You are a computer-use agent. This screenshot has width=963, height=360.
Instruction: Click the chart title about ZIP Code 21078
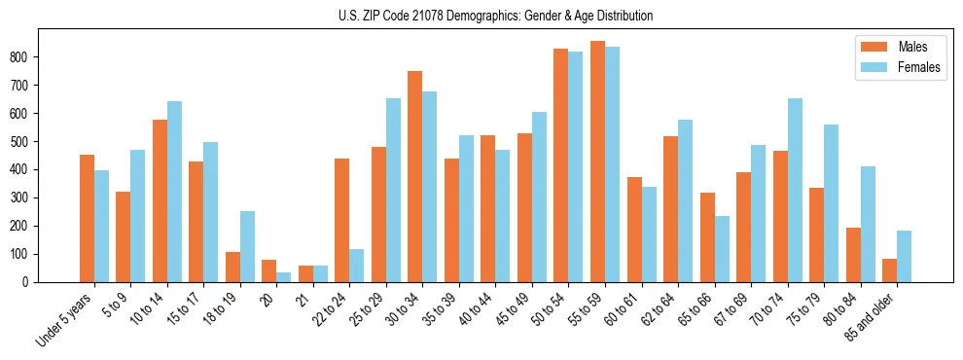coord(481,16)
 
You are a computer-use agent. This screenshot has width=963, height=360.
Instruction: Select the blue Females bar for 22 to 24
coord(357,266)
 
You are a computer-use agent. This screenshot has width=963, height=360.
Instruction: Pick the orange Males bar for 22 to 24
coord(342,220)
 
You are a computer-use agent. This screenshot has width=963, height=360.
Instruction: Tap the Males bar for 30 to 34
coord(415,176)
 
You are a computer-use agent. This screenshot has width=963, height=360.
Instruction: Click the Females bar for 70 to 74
coord(795,190)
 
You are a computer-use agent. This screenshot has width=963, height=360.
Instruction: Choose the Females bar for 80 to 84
coord(868,224)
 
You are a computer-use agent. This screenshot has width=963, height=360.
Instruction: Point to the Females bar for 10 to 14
coord(174,192)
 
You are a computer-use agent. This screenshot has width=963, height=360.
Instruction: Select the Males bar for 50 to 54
coord(561,165)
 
